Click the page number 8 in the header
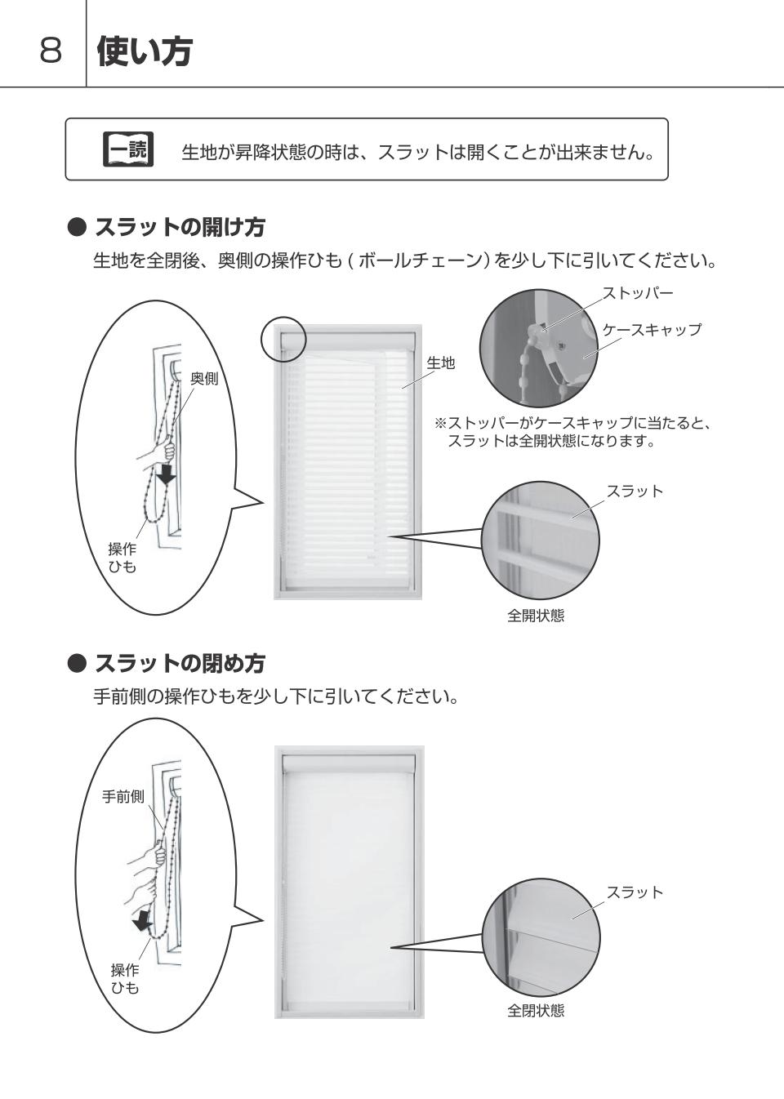tap(51, 50)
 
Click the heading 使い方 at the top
tap(145, 51)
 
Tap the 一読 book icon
tap(128, 149)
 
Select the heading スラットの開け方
tap(180, 227)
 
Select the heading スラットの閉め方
tap(180, 663)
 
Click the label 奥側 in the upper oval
tap(204, 378)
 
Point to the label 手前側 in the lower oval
tap(123, 796)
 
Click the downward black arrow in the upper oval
tap(167, 473)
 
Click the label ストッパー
tap(638, 293)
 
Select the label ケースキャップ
tap(652, 329)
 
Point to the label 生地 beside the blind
tap(440, 363)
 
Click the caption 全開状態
tap(536, 616)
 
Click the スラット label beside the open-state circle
tap(635, 491)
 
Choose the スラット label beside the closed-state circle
tap(635, 892)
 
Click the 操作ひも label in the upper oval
tap(122, 558)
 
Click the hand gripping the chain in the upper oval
tap(158, 452)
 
